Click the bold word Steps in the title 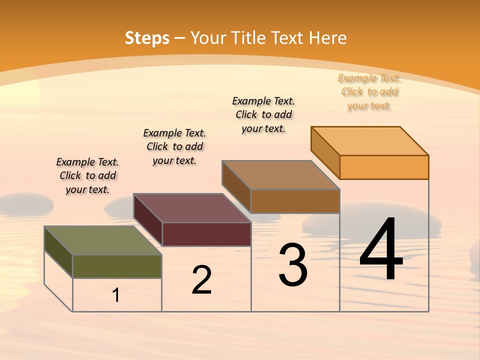[147, 38]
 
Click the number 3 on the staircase [293, 265]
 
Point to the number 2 [202, 280]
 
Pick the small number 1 [116, 295]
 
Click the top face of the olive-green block [102, 240]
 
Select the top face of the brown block [280, 175]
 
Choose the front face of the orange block [384, 167]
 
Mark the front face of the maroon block [206, 234]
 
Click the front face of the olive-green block [117, 266]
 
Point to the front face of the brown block [295, 201]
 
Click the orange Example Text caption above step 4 [369, 92]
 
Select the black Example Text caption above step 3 [263, 114]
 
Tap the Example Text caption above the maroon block [174, 146]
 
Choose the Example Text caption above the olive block [87, 175]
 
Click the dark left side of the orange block [325, 152]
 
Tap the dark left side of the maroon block [148, 219]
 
